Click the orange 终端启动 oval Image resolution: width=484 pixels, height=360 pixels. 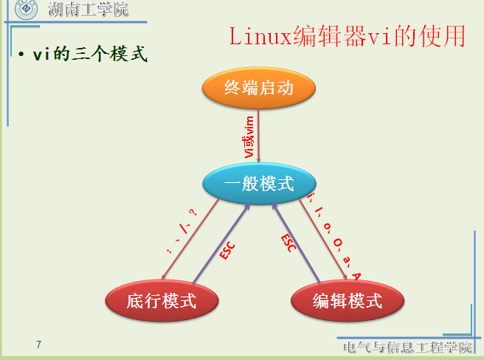(x=259, y=89)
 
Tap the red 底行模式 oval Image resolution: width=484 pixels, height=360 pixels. (x=162, y=301)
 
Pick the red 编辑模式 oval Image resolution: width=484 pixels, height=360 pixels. (x=348, y=301)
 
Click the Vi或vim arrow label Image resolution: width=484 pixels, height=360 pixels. (x=250, y=136)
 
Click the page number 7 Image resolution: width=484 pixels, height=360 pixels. (x=38, y=345)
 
